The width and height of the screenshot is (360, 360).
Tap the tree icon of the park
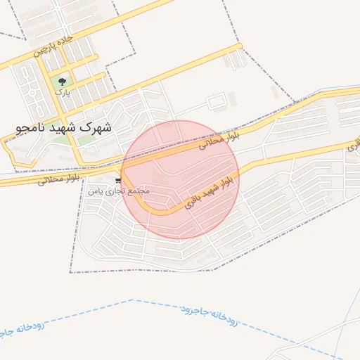pyautogui.click(x=63, y=82)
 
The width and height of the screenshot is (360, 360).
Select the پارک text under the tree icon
pyautogui.click(x=63, y=92)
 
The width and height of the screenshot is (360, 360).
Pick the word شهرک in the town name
pyautogui.click(x=97, y=128)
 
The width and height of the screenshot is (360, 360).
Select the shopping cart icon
pyautogui.click(x=117, y=181)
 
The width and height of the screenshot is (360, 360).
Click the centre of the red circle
pyautogui.click(x=181, y=179)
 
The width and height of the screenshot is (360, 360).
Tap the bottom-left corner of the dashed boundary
pyautogui.click(x=70, y=271)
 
